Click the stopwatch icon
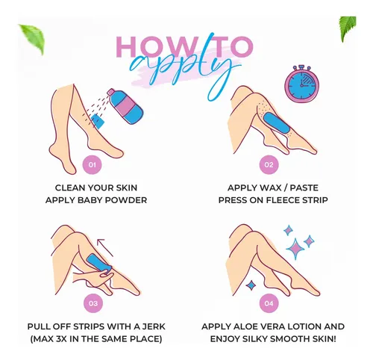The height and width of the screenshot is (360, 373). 301,84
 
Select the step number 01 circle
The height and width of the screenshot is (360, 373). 93,164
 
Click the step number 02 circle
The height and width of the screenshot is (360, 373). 269,164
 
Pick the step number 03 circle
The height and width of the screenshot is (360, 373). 93,303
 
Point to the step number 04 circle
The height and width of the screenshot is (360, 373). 269,303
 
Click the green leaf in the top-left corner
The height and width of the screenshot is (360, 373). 32,39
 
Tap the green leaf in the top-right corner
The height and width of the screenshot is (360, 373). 348,28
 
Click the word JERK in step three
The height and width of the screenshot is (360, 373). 154,326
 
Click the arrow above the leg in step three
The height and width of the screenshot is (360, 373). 105,247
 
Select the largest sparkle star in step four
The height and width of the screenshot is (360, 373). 295,249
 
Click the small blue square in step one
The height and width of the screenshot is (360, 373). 98,121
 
